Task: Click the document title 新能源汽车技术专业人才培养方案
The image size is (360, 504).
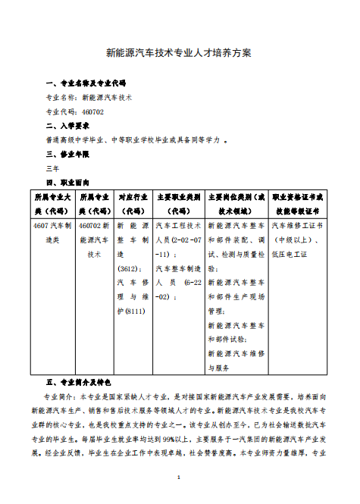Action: coord(179,54)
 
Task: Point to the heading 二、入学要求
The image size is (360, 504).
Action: coord(68,126)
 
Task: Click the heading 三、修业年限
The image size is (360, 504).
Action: coord(68,154)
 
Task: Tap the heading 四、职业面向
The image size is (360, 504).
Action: coord(68,183)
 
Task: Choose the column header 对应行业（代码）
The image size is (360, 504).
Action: coord(133,203)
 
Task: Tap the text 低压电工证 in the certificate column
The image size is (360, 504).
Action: coord(289,254)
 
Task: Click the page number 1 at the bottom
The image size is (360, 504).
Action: coord(179,477)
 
